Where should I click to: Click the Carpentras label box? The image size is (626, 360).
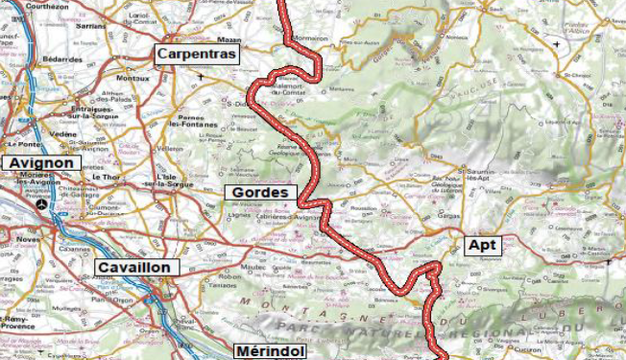pyautogui.click(x=198, y=55)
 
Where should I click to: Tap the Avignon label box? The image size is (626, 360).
pyautogui.click(x=41, y=163)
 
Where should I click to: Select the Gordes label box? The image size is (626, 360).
pyautogui.click(x=259, y=193)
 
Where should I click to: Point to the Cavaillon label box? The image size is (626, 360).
pyautogui.click(x=133, y=267)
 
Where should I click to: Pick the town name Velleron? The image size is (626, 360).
pyautogui.click(x=169, y=150)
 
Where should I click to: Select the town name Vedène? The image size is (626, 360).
pyautogui.click(x=62, y=134)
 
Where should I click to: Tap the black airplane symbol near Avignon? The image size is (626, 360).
pyautogui.click(x=40, y=204)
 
